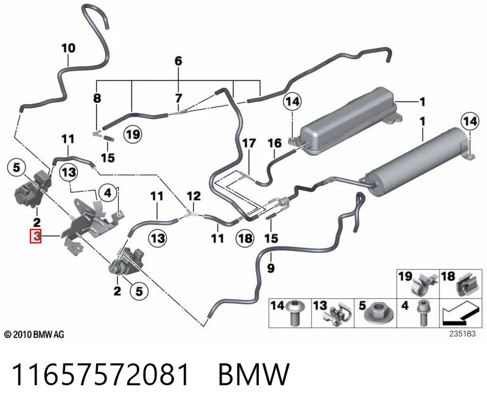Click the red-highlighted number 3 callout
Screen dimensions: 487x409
pos(35,236)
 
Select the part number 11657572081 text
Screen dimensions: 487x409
pos(100,374)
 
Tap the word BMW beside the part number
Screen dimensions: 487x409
pos(254,374)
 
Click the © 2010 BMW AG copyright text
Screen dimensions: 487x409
pos(34,335)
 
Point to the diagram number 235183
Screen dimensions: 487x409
pos(462,334)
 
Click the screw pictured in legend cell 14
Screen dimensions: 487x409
pos(295,313)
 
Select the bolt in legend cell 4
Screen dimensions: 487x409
pos(423,313)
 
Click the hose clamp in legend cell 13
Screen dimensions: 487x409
pos(338,315)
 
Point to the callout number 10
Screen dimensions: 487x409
pos(68,48)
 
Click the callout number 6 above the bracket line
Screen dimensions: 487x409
pos(178,61)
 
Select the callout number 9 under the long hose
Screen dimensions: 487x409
pos(271,268)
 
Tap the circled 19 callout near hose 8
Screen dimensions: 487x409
pos(133,135)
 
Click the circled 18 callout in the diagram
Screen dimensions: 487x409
pos(245,238)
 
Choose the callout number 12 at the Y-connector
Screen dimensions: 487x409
pos(194,196)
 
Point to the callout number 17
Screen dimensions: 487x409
pos(249,143)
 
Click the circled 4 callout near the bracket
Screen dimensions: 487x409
pos(108,193)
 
